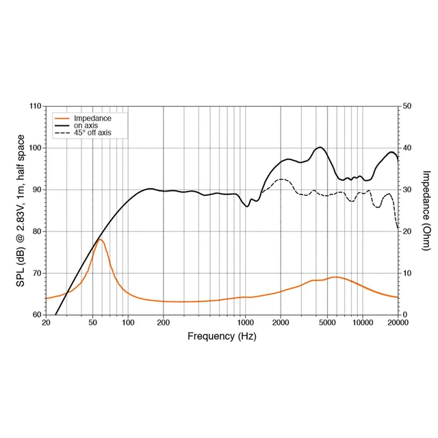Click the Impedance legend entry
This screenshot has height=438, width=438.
pos(92,118)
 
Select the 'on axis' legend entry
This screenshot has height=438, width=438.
pos(86,126)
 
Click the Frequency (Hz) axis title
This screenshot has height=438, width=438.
pos(222,337)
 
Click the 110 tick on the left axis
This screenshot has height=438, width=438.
pos(35,107)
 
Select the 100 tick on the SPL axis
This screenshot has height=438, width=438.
pos(35,149)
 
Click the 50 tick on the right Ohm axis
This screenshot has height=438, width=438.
pos(407,107)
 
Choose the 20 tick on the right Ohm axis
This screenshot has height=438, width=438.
pos(407,231)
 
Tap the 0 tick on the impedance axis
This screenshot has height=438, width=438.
pos(404,315)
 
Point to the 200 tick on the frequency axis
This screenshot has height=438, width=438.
pos(163,322)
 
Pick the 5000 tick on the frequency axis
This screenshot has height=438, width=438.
pos(327,322)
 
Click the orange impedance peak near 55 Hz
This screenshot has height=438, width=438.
pos(100,240)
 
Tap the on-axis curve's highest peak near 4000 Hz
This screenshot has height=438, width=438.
pos(320,147)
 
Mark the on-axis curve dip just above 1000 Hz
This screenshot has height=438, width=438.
pos(248,206)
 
